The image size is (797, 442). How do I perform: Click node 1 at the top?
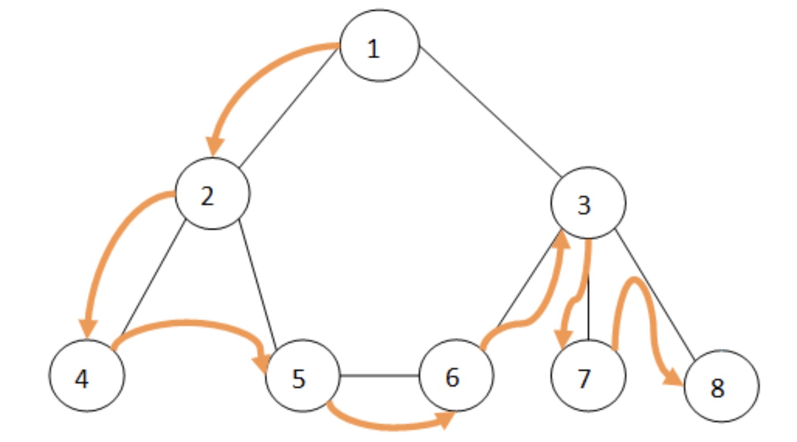click(x=380, y=46)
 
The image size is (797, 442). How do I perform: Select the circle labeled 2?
click(x=212, y=193)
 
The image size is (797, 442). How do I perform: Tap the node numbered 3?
click(x=588, y=203)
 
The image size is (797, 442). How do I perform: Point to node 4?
click(x=87, y=375)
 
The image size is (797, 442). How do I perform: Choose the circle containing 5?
click(x=303, y=375)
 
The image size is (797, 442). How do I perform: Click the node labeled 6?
click(x=457, y=375)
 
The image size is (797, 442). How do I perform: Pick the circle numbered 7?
click(x=588, y=375)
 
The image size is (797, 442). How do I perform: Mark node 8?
click(x=722, y=386)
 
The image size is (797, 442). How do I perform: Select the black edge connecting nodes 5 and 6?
click(x=380, y=375)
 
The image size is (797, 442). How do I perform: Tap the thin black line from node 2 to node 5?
click(x=257, y=284)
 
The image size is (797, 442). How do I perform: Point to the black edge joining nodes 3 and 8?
click(x=655, y=295)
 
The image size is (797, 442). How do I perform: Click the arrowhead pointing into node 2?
click(x=215, y=147)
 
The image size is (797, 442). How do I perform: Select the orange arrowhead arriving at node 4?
click(x=88, y=329)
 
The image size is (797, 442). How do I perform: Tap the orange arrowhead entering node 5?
click(x=260, y=363)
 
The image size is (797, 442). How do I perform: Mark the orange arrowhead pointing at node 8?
click(x=673, y=378)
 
